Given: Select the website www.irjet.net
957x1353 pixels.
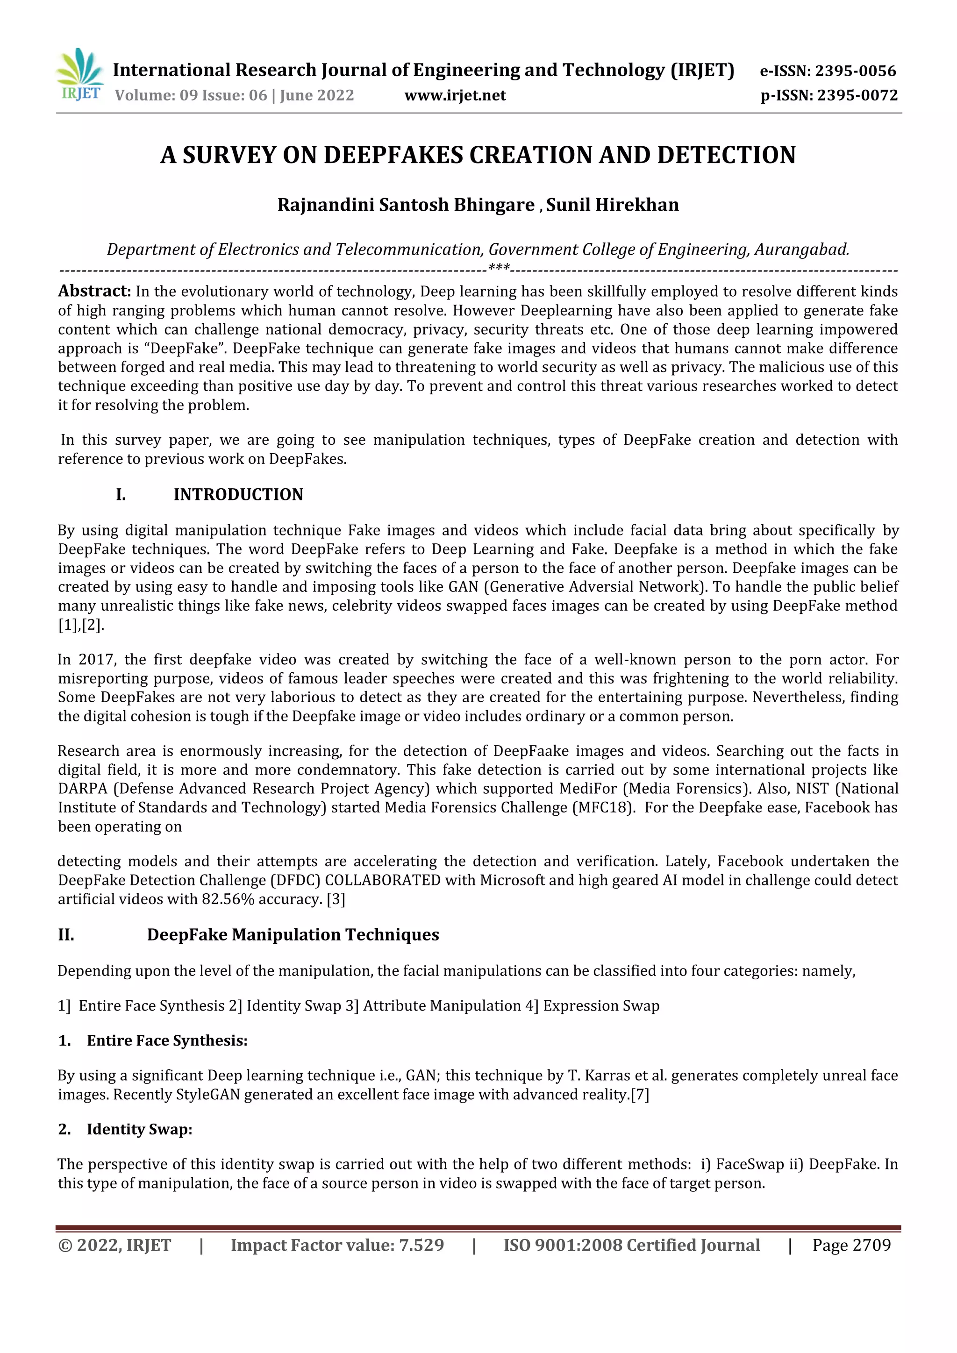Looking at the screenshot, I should pyautogui.click(x=455, y=95).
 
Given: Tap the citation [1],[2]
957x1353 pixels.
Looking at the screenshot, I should pyautogui.click(x=81, y=625).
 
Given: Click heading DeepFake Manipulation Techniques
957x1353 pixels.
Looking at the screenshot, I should pyautogui.click(x=293, y=935).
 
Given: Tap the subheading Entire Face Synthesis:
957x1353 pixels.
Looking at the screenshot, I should pyautogui.click(x=167, y=1040).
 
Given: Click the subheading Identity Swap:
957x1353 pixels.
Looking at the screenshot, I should pyautogui.click(x=139, y=1129).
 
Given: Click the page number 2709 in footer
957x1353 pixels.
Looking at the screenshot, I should pyautogui.click(x=871, y=1245).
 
